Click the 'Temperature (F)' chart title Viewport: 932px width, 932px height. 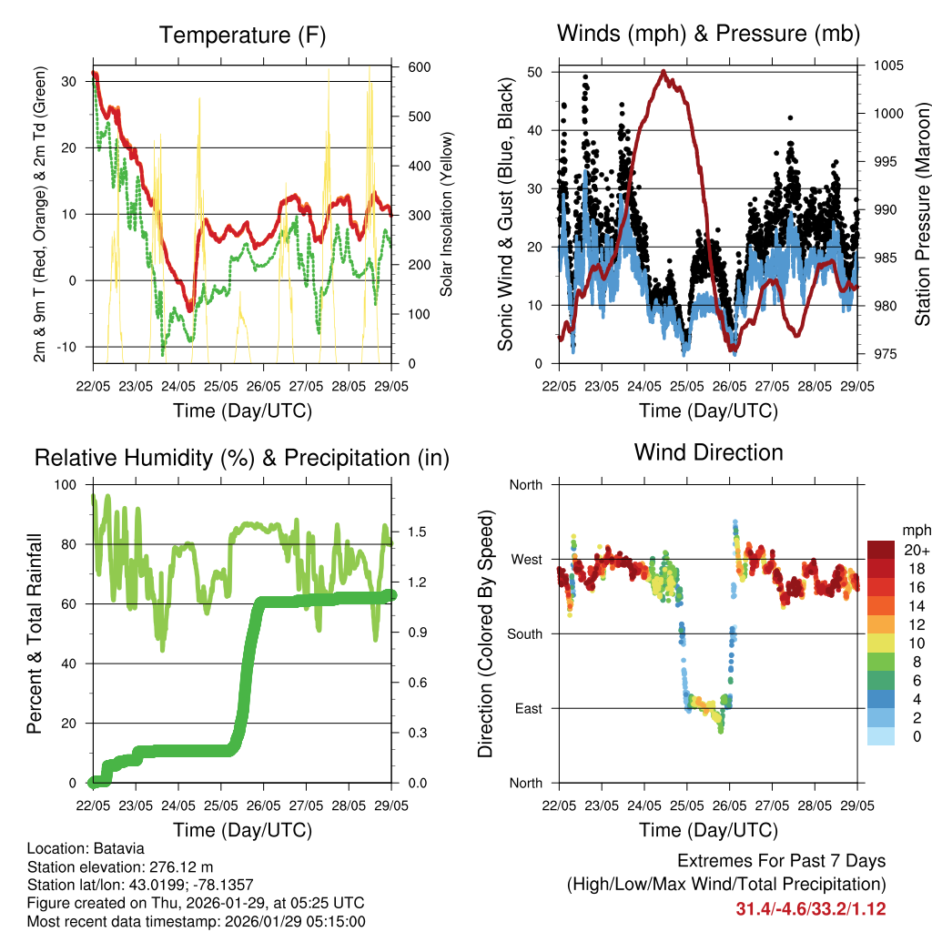pyautogui.click(x=242, y=35)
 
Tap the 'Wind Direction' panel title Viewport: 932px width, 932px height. pyautogui.click(x=708, y=451)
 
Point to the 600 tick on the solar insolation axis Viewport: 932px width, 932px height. pyautogui.click(x=419, y=67)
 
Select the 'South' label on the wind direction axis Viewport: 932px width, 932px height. pyautogui.click(x=525, y=633)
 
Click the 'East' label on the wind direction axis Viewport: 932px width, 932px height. pyautogui.click(x=528, y=708)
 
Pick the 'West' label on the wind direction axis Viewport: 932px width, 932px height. pyautogui.click(x=527, y=559)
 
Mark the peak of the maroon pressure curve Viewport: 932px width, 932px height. pyautogui.click(x=664, y=71)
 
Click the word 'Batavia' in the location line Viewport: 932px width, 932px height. pyautogui.click(x=118, y=848)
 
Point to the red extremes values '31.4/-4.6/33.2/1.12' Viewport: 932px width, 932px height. pyautogui.click(x=811, y=908)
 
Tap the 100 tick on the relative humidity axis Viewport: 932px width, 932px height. pyautogui.click(x=67, y=484)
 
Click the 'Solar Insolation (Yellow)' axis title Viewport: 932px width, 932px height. pyautogui.click(x=448, y=215)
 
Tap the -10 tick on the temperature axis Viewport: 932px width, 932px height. pyautogui.click(x=69, y=347)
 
